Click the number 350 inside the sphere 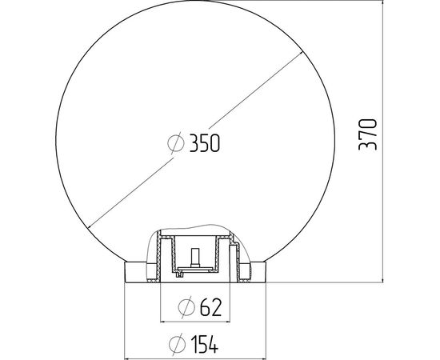[x=204, y=143]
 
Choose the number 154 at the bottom [x=205, y=344]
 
